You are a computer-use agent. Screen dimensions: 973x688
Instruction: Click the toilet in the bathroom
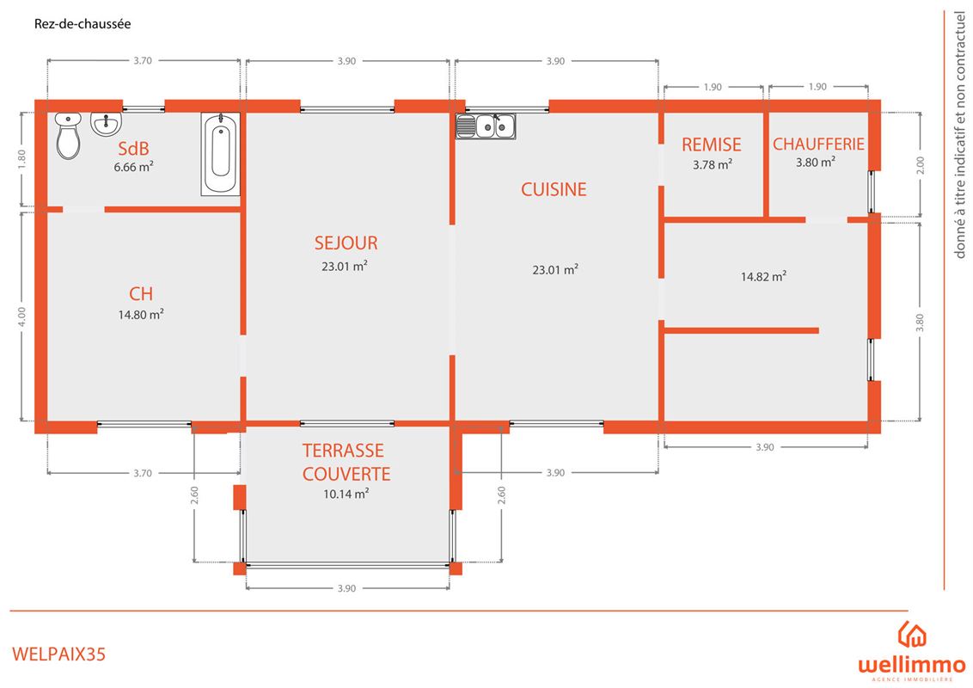[x=68, y=136]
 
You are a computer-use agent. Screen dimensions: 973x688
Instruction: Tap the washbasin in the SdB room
[x=107, y=124]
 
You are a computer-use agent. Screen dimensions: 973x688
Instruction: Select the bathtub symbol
[x=220, y=154]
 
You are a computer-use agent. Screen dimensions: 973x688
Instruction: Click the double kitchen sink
[x=486, y=126]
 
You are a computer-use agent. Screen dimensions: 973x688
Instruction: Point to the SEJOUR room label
[x=346, y=243]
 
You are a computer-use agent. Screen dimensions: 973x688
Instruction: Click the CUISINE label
[x=554, y=189]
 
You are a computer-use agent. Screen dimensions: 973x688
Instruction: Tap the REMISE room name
[x=712, y=144]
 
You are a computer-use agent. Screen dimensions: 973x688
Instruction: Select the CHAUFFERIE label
[x=818, y=144]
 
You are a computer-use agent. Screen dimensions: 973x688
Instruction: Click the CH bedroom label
[x=141, y=293]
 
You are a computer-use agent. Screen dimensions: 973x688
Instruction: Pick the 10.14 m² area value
[x=346, y=494]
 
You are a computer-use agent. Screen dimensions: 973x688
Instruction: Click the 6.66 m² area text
[x=133, y=167]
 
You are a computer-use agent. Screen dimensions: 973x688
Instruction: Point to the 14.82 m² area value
[x=764, y=276]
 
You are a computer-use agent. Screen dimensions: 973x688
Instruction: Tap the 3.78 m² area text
[x=713, y=164]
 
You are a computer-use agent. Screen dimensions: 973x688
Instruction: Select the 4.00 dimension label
[x=22, y=316]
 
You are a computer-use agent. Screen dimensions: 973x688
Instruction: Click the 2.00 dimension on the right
[x=921, y=165]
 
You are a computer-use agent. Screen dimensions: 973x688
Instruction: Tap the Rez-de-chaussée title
[x=83, y=24]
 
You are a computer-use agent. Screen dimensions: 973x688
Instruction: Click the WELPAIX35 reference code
[x=59, y=654]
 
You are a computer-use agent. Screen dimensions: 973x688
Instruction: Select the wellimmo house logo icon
[x=912, y=634]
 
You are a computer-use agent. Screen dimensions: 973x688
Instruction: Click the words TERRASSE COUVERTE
[x=346, y=462]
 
